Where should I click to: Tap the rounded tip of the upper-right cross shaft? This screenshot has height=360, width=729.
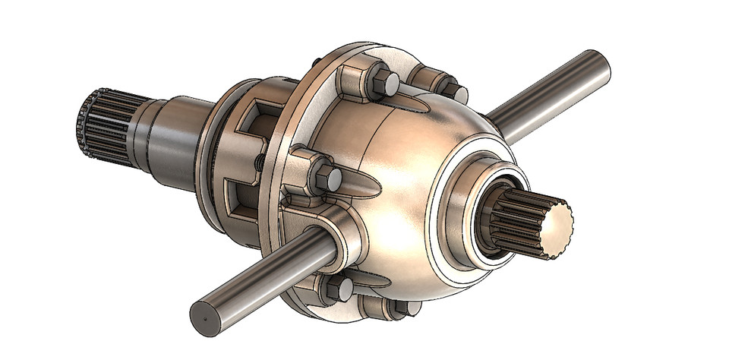point(601,61)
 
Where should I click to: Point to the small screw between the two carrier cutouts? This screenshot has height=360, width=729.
point(260,162)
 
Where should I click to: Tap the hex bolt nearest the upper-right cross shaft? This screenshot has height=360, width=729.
point(451,91)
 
